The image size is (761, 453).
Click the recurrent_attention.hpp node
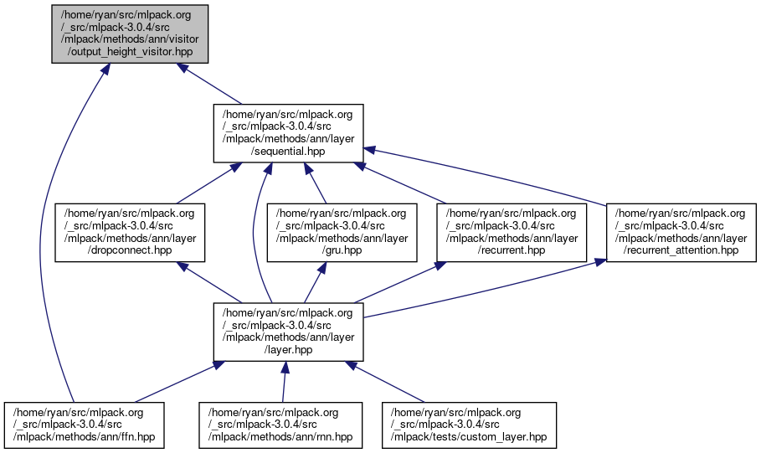pyautogui.click(x=681, y=232)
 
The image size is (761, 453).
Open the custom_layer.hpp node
pyautogui.click(x=470, y=425)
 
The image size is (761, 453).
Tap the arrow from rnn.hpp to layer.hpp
pyautogui.click(x=284, y=381)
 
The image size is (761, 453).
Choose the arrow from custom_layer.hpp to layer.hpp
pyautogui.click(x=385, y=381)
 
